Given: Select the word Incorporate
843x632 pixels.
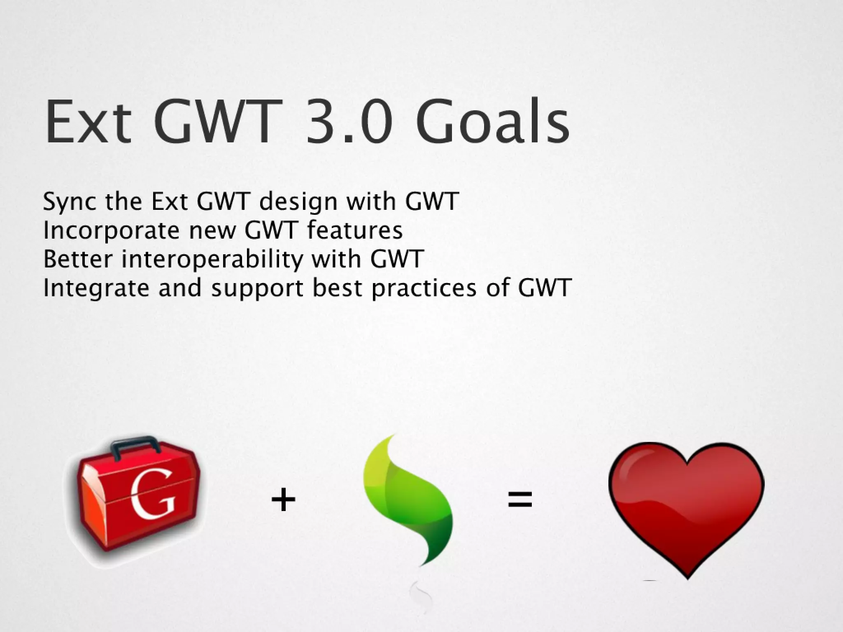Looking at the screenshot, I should coord(111,230).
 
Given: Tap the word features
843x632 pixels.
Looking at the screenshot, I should coord(355,230).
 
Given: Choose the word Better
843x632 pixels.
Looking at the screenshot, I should coord(77,259).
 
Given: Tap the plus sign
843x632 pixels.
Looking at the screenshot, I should coord(284,500).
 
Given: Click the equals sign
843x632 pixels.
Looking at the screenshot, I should coord(520,500).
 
